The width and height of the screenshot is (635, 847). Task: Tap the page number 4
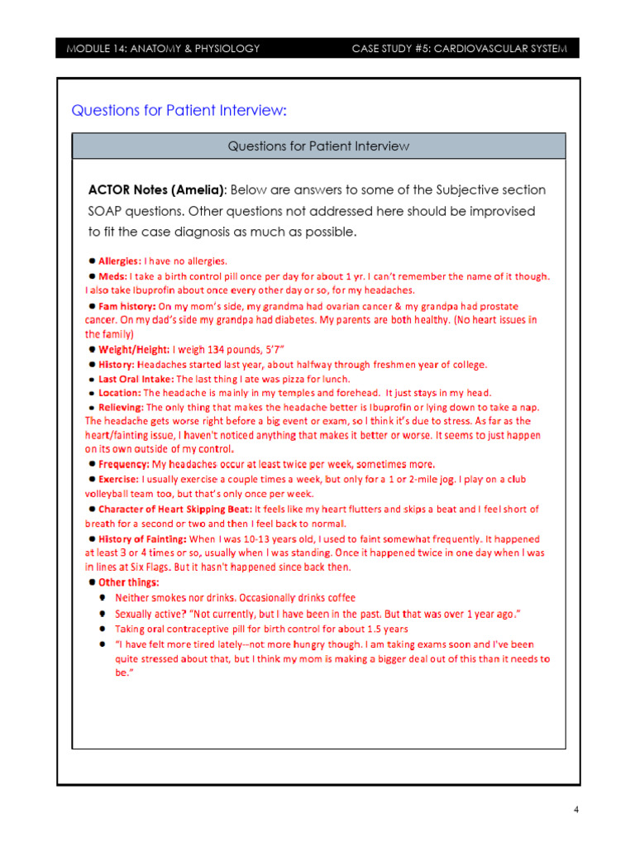(x=576, y=810)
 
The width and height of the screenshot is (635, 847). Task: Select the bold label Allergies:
(x=120, y=261)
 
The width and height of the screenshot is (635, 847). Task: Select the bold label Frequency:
(x=124, y=464)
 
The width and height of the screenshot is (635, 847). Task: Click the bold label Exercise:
(x=119, y=479)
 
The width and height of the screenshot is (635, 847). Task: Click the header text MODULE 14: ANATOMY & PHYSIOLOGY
(x=163, y=49)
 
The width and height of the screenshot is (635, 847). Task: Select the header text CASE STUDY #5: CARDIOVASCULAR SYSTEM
(x=460, y=49)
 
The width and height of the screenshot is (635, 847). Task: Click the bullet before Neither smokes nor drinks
(x=103, y=597)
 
